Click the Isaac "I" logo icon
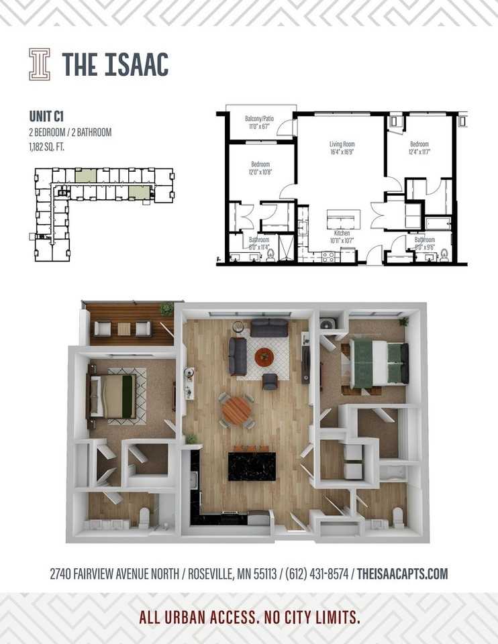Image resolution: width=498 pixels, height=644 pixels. coord(40,64)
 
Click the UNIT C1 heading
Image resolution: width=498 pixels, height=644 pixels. coord(46,115)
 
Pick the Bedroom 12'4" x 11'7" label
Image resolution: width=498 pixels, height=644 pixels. coord(420,148)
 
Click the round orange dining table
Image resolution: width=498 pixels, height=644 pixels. coord(236,410)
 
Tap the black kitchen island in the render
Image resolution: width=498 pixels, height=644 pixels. coord(252,466)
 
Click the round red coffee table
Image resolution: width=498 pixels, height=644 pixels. coord(264,357)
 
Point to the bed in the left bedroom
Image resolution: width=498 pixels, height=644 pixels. coord(114,396)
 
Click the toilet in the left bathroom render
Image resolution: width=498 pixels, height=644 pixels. coord(143,517)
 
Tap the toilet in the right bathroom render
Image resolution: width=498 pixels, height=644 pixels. coord(397,517)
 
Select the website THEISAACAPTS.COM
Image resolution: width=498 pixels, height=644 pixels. coord(402,574)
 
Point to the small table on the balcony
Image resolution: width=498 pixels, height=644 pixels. coord(123,329)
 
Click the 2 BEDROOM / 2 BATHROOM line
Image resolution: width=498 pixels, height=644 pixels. coord(70,132)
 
